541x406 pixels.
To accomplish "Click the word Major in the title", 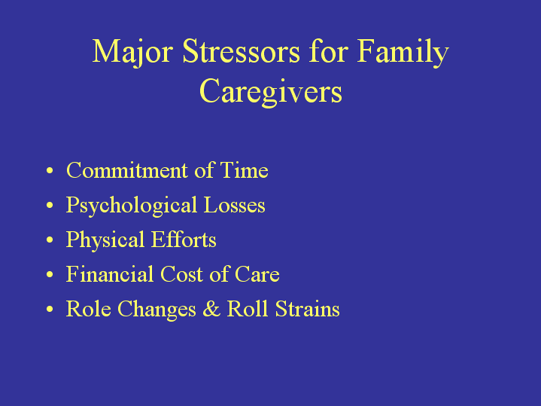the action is (x=132, y=52).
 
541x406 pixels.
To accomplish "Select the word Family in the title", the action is (x=403, y=52).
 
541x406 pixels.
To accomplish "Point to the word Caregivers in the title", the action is (x=271, y=91).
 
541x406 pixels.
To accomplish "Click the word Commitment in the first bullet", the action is (x=127, y=170).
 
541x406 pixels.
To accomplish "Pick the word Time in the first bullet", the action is (x=245, y=170).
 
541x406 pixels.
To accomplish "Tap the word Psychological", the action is (x=132, y=206).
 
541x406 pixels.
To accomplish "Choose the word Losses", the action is (x=234, y=205).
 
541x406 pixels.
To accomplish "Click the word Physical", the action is (x=105, y=240).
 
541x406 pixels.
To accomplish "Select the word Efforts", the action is (x=184, y=239).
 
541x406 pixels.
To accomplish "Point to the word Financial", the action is (x=110, y=274).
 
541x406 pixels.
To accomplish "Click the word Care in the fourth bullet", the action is (x=257, y=274).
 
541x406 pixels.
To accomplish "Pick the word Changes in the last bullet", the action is (x=157, y=310).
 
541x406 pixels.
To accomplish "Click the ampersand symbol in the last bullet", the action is (x=211, y=308).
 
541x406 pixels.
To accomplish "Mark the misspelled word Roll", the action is (x=248, y=308).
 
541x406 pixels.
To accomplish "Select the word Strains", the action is (x=308, y=308).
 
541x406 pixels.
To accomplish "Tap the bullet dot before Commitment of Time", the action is (x=50, y=171).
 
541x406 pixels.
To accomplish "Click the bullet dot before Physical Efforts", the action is (x=50, y=240).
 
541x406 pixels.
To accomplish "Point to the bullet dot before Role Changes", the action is (x=50, y=309).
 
